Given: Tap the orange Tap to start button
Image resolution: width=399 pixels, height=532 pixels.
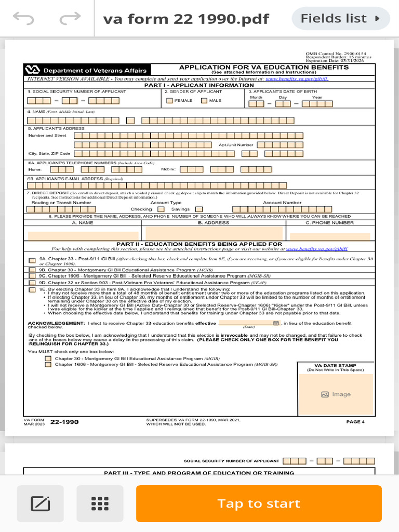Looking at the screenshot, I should click(259, 503).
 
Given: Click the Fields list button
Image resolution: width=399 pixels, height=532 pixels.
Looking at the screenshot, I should click(341, 19).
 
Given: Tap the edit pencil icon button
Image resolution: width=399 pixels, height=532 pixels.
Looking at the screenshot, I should click(40, 503).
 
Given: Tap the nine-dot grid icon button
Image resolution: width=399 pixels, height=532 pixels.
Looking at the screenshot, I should click(100, 503).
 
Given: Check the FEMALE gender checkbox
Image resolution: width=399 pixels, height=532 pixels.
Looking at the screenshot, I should click(170, 101).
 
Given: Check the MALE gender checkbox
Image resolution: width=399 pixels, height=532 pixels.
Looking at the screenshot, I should click(204, 101).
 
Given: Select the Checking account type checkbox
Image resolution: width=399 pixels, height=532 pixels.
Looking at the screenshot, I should click(161, 209).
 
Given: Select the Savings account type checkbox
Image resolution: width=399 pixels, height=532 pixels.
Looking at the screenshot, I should click(198, 209).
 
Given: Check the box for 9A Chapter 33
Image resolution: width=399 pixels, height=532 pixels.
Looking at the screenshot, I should click(32, 260).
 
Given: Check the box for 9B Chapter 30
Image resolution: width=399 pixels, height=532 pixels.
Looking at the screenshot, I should click(32, 270).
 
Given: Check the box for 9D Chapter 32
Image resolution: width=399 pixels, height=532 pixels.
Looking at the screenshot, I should click(32, 283).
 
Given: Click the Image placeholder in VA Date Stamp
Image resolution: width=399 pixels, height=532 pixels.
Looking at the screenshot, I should click(336, 394).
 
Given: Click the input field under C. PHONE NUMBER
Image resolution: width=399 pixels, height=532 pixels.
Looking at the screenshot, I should click(330, 235).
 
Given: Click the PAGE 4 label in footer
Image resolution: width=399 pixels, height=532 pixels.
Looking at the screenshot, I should click(355, 422).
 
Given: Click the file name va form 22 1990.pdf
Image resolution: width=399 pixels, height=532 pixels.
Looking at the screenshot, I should click(186, 19).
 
